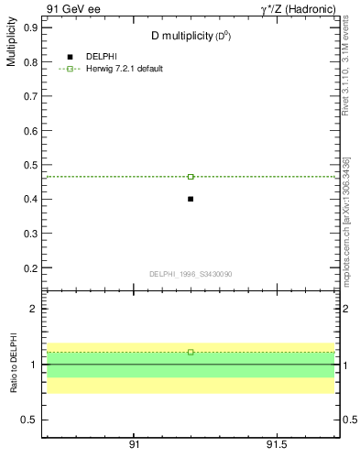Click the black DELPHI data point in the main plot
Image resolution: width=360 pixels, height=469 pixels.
click(x=191, y=199)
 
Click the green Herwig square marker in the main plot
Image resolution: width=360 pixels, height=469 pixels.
click(x=191, y=176)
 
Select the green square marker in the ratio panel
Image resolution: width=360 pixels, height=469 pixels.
click(x=191, y=352)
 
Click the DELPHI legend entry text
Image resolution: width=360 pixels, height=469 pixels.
click(x=101, y=57)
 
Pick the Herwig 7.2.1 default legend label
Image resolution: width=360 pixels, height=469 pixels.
click(x=125, y=69)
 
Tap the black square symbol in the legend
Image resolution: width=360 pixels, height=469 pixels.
click(x=70, y=57)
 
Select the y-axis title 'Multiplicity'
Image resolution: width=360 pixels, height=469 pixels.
click(x=11, y=45)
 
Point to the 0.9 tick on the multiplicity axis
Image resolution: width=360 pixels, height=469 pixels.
click(x=30, y=27)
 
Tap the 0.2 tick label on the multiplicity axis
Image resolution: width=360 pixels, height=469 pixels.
click(x=30, y=268)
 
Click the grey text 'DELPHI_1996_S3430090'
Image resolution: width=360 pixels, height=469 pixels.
click(x=190, y=274)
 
